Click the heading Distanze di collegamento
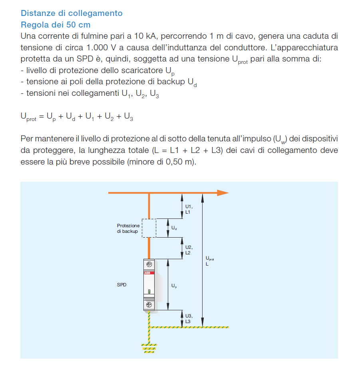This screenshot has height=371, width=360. [72, 13]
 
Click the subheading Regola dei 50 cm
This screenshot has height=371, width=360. [56, 25]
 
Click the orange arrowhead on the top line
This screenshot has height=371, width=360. [222, 193]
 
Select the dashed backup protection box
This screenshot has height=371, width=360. [149, 228]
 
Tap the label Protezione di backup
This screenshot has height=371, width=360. [128, 228]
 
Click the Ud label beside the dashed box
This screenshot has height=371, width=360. [174, 228]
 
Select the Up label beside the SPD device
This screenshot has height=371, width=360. [174, 286]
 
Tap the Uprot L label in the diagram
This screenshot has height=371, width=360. [210, 261]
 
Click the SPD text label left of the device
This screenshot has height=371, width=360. [121, 285]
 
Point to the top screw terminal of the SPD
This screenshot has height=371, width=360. [149, 264]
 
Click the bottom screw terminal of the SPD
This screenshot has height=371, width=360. [149, 305]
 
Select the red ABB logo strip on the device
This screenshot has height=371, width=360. [149, 272]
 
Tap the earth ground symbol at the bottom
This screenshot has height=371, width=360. [149, 348]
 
